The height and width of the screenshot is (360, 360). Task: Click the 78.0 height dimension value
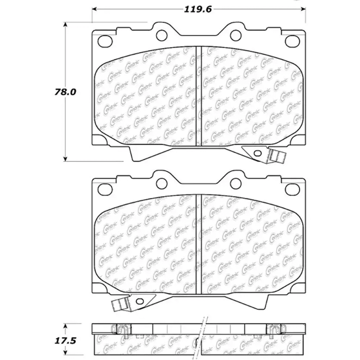tap(66, 92)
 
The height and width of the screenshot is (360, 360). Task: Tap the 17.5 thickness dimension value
tap(66, 341)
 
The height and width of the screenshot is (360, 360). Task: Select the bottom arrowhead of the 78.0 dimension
tap(66, 160)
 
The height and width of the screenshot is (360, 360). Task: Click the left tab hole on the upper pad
tap(162, 34)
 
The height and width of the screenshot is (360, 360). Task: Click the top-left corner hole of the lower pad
tap(104, 188)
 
